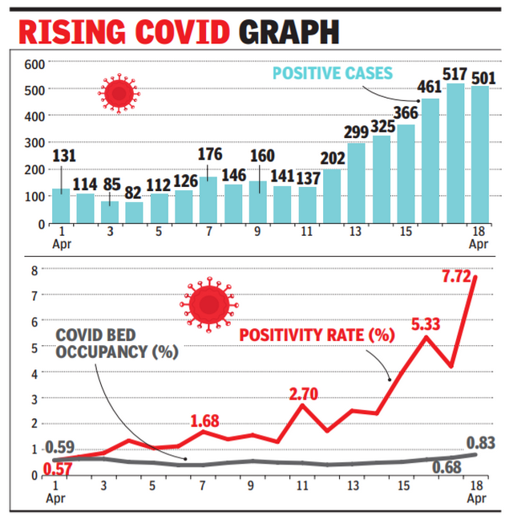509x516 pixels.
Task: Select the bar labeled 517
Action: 455,152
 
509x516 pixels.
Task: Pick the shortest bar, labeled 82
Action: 135,213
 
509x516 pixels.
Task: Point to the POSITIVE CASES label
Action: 333,73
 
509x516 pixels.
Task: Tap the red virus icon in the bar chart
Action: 118,92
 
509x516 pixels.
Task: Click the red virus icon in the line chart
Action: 204,306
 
